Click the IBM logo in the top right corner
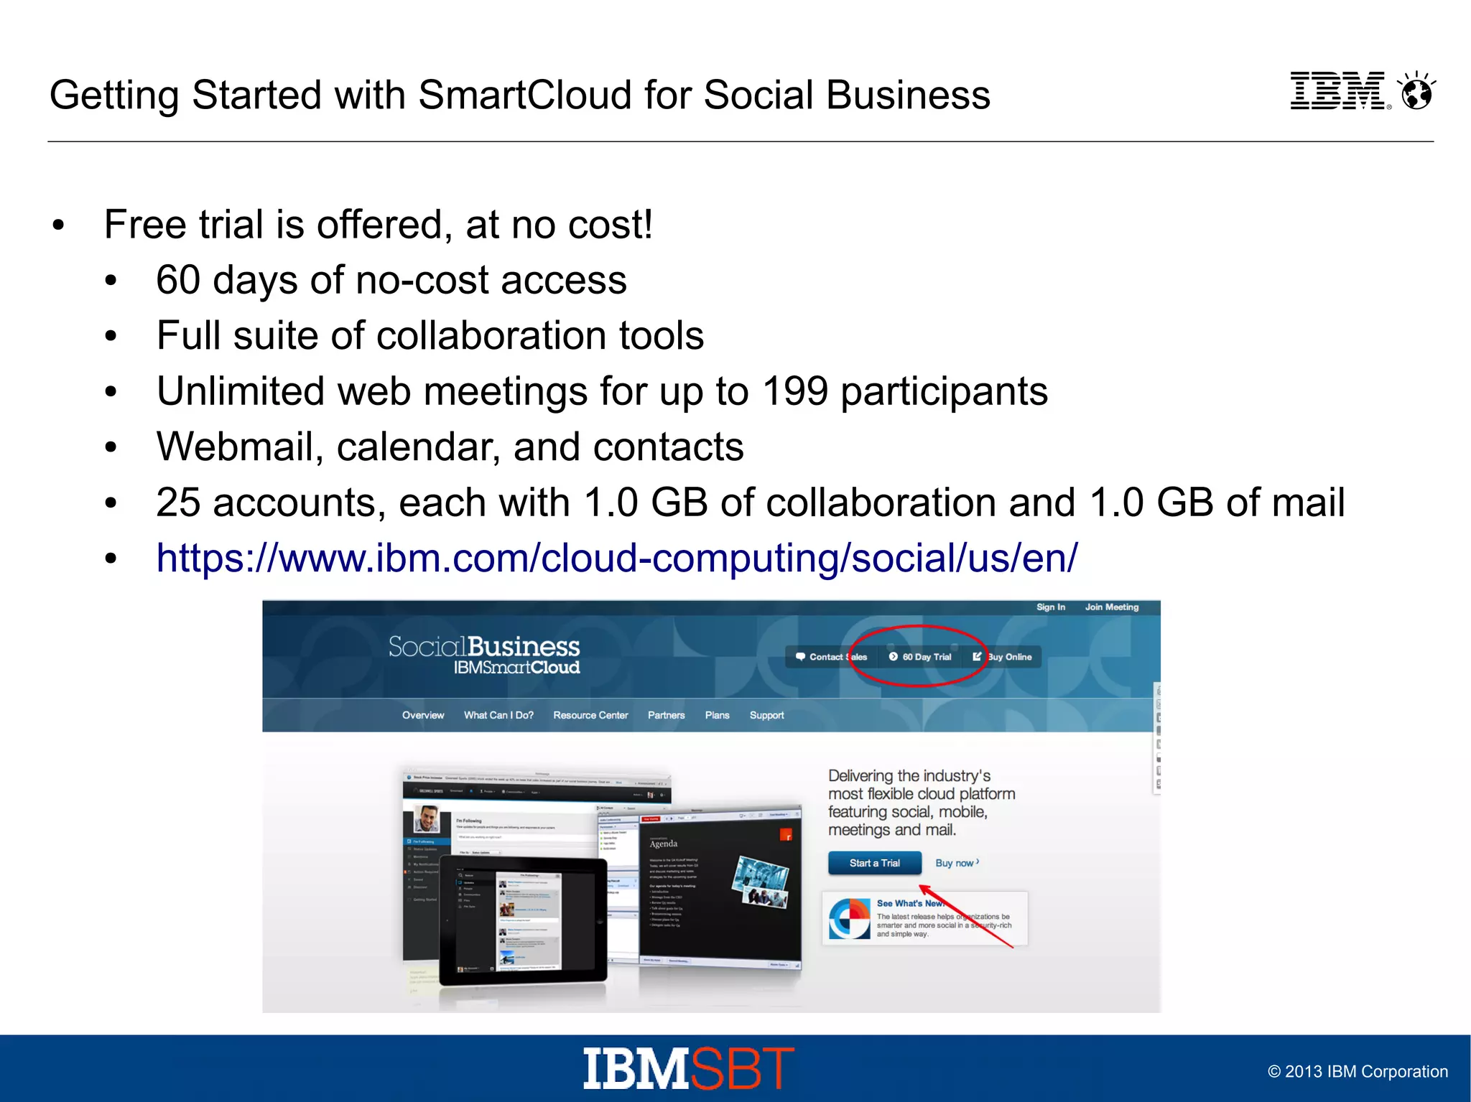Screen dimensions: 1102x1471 point(1338,91)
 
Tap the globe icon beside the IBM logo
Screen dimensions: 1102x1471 point(1417,92)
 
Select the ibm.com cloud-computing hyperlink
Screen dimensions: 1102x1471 point(616,558)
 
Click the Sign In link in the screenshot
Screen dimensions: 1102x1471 point(1050,607)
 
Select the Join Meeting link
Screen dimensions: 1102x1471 point(1111,607)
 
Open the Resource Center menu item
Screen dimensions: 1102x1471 point(590,715)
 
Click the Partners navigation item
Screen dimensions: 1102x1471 point(666,715)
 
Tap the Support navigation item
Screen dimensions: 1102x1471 point(766,715)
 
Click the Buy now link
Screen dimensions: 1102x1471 point(956,863)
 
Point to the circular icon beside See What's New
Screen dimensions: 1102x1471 point(849,918)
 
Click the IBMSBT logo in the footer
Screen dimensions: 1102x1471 point(688,1068)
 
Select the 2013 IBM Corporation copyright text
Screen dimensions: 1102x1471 point(1357,1072)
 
